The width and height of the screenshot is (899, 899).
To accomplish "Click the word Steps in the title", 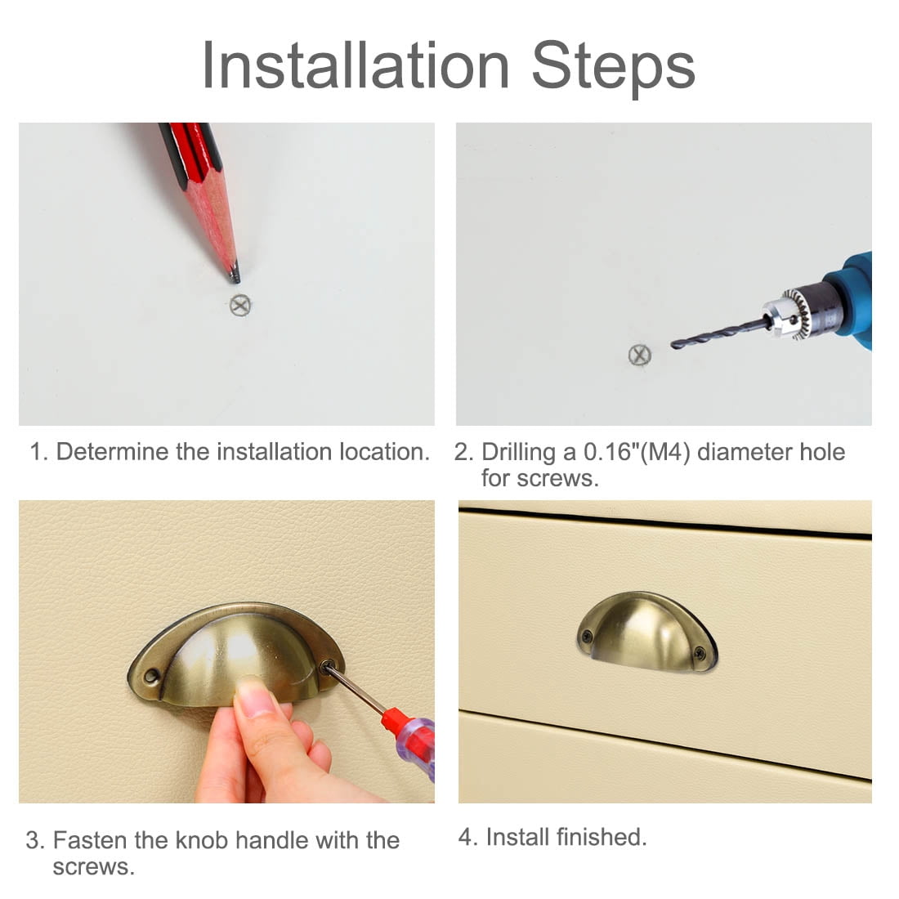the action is coord(614,69).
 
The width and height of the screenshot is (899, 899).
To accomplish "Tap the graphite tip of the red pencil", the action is coord(235,276).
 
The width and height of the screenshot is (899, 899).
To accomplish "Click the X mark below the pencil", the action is coord(240,305).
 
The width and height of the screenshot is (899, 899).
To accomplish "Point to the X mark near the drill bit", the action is coord(639,356).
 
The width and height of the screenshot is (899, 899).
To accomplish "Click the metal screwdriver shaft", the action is coord(356,690).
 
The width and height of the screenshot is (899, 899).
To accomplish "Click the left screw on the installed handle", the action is coord(587,635).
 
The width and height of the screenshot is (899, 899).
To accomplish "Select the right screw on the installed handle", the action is coord(700,652).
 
